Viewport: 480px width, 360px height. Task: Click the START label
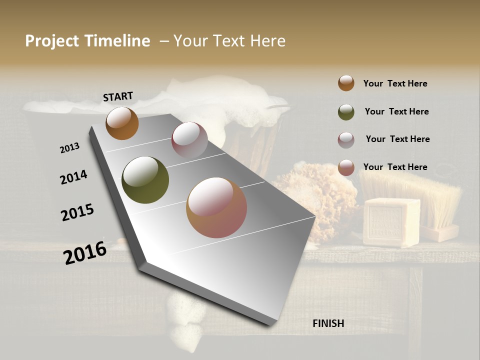click(118, 96)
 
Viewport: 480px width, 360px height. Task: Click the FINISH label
click(328, 323)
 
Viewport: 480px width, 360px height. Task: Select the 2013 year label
click(70, 148)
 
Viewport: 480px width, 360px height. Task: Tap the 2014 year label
click(74, 177)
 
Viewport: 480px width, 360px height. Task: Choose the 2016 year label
click(85, 252)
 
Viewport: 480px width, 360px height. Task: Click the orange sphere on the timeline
click(122, 123)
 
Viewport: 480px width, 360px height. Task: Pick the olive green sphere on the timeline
click(145, 180)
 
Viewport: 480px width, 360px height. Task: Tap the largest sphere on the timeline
click(216, 207)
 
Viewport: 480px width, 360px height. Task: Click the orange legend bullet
click(346, 83)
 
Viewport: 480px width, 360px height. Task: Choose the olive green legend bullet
click(346, 112)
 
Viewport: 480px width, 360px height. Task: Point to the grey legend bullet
click(346, 140)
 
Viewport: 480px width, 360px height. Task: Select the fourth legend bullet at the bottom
click(346, 168)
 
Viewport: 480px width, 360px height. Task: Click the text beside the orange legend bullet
click(395, 84)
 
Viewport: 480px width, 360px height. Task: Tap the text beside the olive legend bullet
click(396, 111)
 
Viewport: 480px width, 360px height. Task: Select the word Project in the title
click(52, 41)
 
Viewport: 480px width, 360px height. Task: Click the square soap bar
click(391, 222)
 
